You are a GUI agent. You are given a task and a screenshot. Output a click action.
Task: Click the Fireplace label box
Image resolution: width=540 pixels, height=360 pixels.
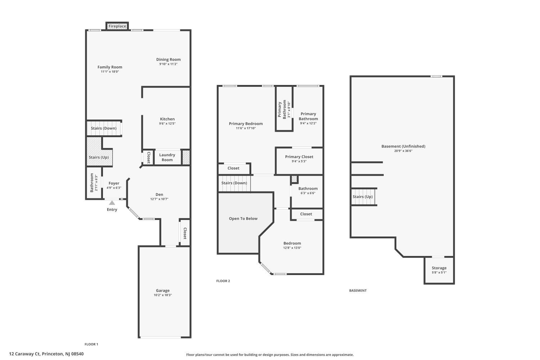click(x=117, y=26)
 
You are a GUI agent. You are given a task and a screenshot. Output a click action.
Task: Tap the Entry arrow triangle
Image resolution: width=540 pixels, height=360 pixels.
click(x=112, y=203)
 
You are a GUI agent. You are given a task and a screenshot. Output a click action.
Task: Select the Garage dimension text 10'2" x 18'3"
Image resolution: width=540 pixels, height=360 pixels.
click(x=163, y=295)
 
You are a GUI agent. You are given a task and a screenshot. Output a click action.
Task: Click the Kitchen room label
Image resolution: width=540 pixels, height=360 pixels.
click(x=167, y=119)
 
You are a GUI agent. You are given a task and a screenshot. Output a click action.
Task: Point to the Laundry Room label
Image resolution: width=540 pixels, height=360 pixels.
click(x=167, y=157)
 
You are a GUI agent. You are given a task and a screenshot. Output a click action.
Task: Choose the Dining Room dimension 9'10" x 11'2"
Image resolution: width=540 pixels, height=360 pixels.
click(x=168, y=64)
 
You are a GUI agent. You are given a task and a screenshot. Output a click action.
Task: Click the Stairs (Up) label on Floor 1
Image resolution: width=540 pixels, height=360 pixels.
click(x=99, y=157)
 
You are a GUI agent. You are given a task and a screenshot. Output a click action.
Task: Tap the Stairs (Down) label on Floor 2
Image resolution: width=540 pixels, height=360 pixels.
click(x=234, y=183)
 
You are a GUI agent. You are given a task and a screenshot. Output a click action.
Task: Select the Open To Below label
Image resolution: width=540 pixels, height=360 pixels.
click(x=243, y=219)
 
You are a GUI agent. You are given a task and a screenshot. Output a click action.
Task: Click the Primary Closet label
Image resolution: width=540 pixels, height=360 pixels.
click(x=299, y=157)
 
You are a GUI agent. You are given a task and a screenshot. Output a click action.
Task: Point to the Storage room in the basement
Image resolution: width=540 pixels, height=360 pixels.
click(x=439, y=270)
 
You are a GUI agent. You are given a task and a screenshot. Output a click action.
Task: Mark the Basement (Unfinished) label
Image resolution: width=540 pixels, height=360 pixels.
click(x=403, y=146)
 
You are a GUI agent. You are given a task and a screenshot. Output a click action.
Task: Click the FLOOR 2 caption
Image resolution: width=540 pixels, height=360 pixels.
click(x=223, y=281)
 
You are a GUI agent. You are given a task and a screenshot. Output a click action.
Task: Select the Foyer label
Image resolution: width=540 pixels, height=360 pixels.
click(x=114, y=183)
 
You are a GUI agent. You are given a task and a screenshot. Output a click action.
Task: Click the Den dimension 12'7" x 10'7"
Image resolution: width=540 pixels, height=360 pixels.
click(x=159, y=199)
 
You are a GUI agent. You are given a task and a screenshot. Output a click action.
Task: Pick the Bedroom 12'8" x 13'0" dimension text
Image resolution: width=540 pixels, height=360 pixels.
click(x=292, y=248)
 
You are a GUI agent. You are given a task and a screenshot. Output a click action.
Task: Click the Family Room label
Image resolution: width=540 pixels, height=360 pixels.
click(x=110, y=67)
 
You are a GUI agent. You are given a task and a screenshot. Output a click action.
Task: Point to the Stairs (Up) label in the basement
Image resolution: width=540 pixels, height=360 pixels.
click(x=363, y=197)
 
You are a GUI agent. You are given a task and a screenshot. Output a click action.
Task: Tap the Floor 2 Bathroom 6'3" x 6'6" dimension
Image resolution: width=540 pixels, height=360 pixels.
click(x=308, y=193)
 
